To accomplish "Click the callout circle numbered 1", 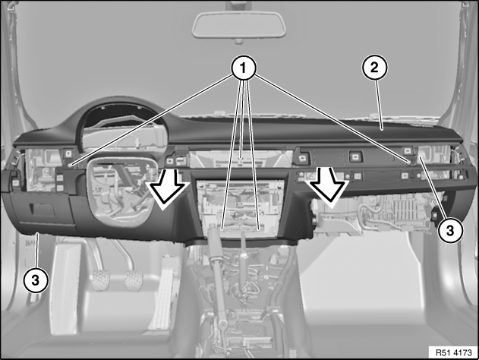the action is click(x=243, y=68).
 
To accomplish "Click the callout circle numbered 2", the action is click(x=374, y=68).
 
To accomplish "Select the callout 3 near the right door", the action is click(x=450, y=230).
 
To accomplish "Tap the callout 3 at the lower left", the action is click(x=36, y=279).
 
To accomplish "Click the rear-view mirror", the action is click(x=239, y=24).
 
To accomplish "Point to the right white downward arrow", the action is click(x=329, y=185).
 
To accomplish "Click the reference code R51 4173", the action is click(x=453, y=352).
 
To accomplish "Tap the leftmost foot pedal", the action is click(x=101, y=279).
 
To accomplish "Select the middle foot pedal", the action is click(x=134, y=280).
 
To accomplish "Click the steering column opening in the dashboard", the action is click(x=122, y=191).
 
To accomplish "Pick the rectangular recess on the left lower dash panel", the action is click(x=43, y=210).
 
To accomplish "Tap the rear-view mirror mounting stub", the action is click(x=239, y=41).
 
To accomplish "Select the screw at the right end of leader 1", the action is click(x=408, y=162).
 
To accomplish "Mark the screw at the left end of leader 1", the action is click(x=71, y=165).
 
